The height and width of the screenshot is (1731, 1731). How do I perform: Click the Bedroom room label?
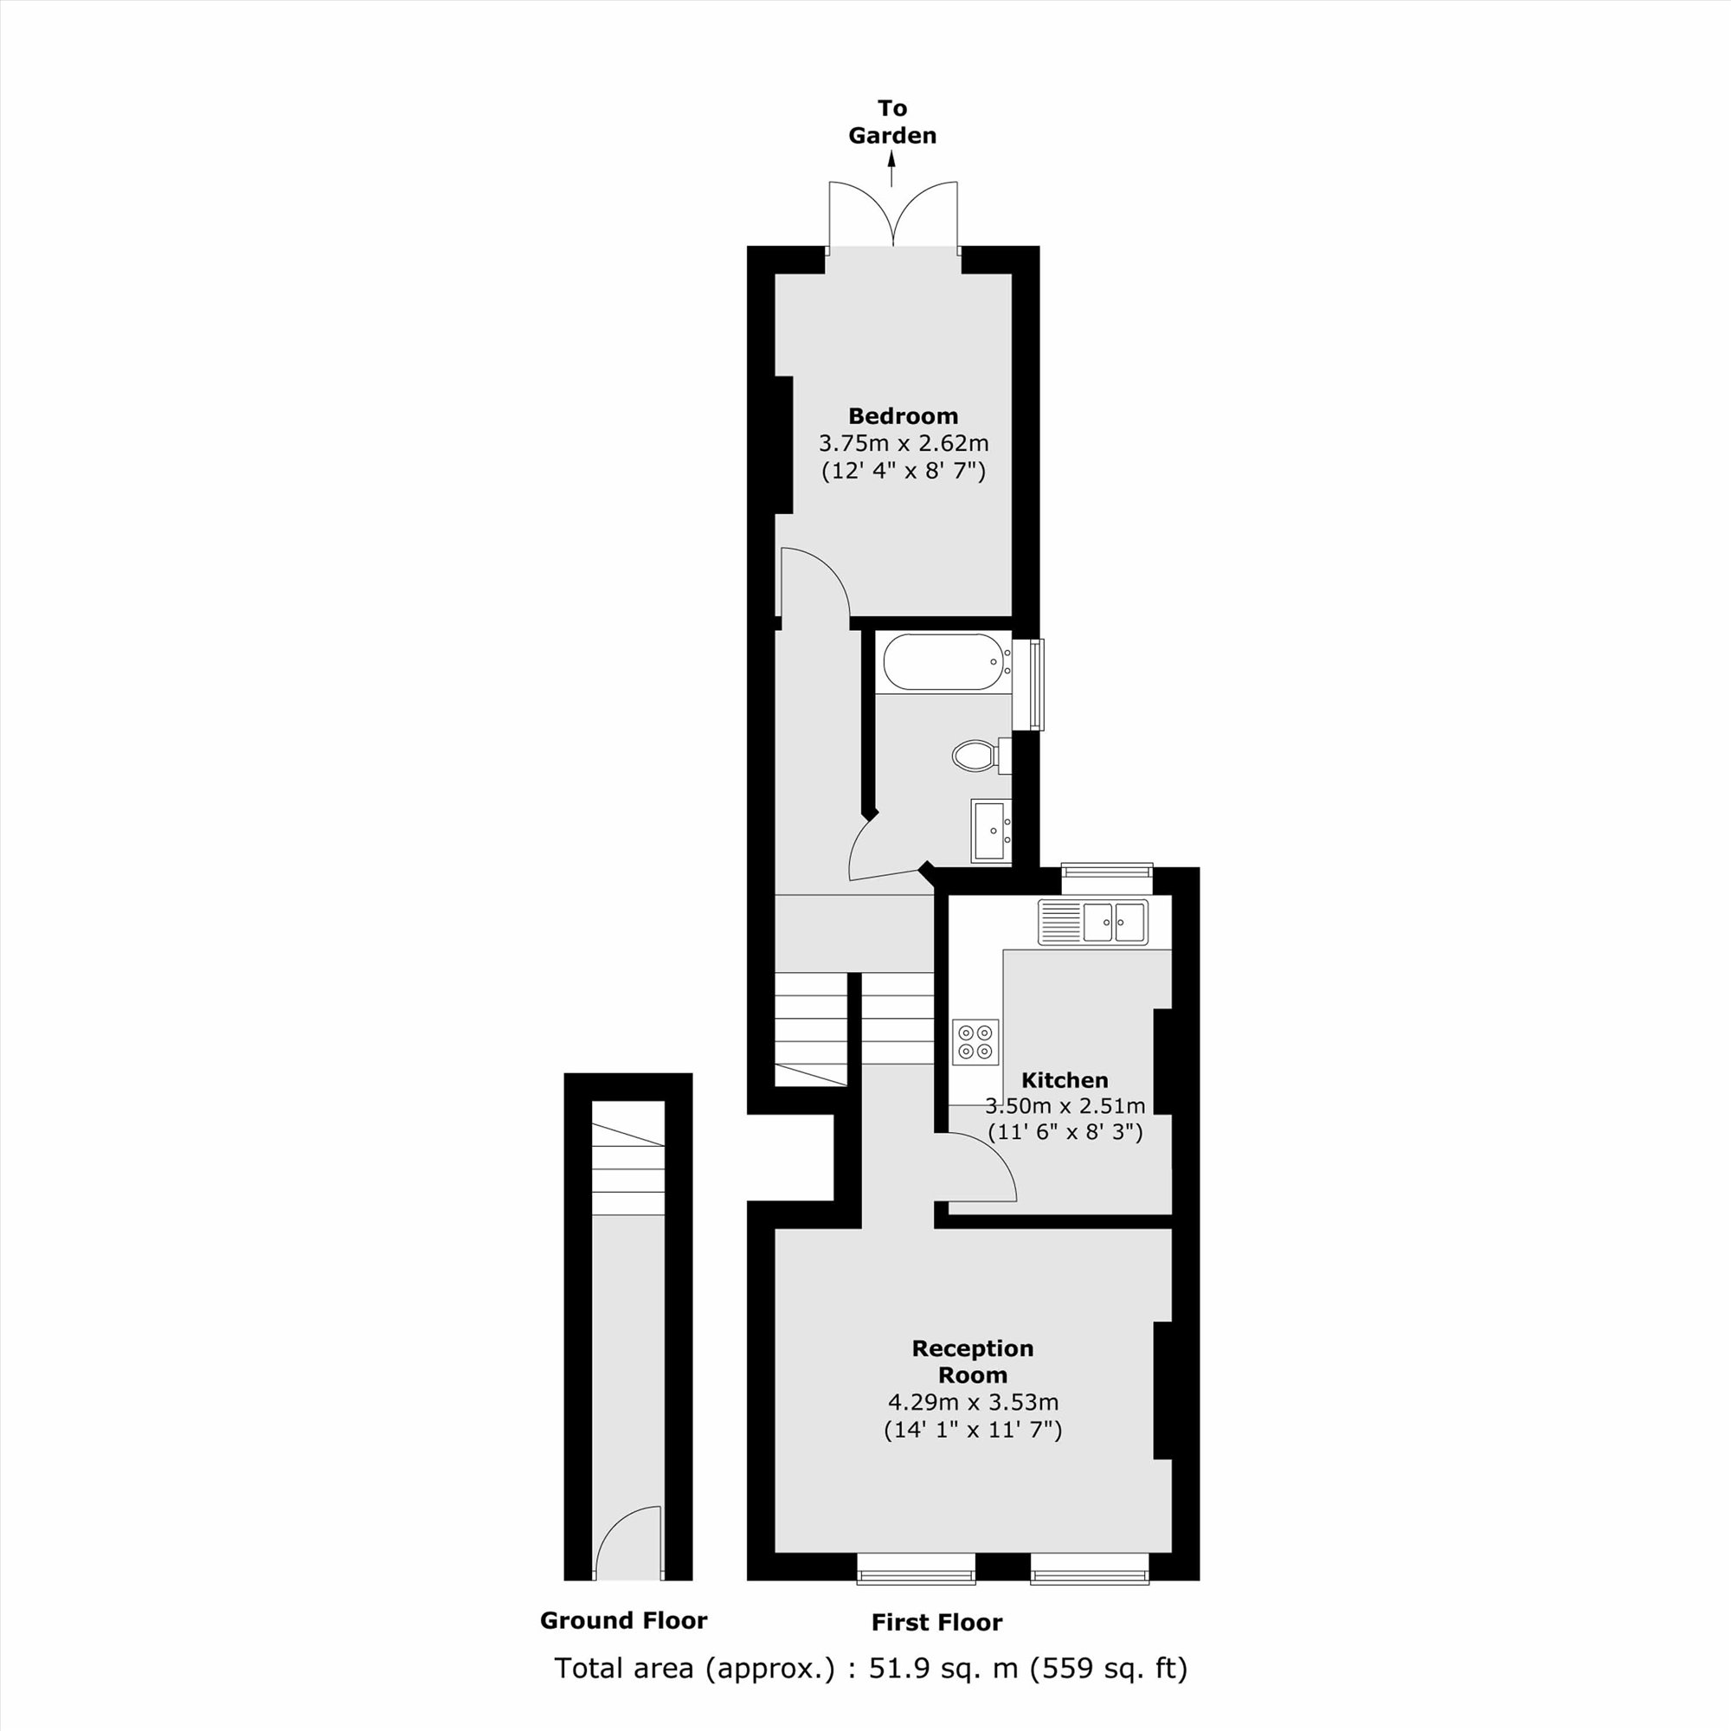tap(903, 415)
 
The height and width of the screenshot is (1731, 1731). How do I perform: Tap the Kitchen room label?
tap(1065, 1079)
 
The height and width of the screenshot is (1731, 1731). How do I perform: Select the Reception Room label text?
tap(972, 1361)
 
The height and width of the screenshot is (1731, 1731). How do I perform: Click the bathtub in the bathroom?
tap(943, 663)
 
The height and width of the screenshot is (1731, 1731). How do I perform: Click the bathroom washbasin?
tap(991, 830)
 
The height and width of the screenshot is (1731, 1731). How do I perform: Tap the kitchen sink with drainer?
tap(1092, 922)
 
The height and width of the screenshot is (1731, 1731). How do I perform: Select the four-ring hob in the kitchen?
tap(975, 1041)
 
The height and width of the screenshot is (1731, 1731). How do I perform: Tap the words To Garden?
tap(892, 122)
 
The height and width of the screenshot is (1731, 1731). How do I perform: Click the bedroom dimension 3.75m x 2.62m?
tap(903, 443)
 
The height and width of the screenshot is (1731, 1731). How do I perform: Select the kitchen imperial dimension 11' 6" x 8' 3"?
tap(1065, 1131)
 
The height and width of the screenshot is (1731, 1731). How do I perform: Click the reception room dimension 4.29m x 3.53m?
tap(972, 1401)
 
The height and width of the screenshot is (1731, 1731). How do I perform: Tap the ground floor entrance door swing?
tap(626, 1543)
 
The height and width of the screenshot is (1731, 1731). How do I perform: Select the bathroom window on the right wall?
tap(1036, 685)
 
